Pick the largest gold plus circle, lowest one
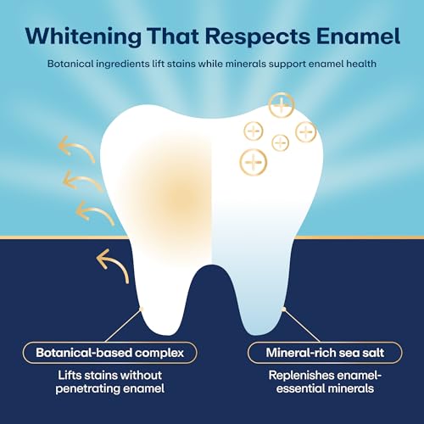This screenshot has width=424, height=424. click(254, 160)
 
